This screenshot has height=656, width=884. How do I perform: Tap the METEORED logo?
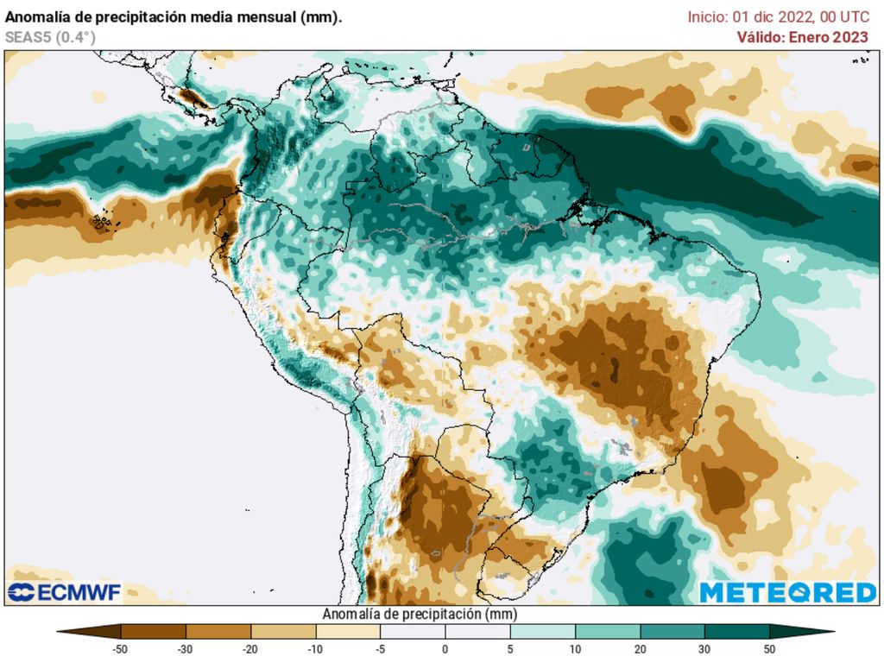[x=787, y=592]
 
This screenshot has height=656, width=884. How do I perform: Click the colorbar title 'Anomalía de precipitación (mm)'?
[x=419, y=615]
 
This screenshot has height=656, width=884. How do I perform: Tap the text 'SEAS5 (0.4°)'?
[x=50, y=37]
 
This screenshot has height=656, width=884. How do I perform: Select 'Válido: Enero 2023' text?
[x=802, y=37]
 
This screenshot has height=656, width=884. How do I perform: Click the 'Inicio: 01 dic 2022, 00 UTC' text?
[x=778, y=16]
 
